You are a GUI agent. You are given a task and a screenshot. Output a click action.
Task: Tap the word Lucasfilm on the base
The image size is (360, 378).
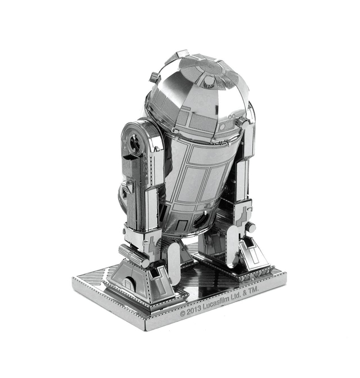pos(215,303)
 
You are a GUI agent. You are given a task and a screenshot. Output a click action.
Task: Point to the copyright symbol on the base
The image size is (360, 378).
pos(183,313)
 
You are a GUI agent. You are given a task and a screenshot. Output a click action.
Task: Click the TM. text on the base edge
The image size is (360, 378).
pos(254,289)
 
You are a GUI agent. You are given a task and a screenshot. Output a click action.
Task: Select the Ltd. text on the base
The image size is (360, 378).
pos(236,296)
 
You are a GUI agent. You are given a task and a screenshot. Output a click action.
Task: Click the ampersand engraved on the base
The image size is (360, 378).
pos(244,292)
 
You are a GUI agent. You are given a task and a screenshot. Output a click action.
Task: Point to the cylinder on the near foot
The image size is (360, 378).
pos(134,255)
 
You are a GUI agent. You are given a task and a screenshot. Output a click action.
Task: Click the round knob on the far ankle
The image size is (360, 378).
pos(251,227)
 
